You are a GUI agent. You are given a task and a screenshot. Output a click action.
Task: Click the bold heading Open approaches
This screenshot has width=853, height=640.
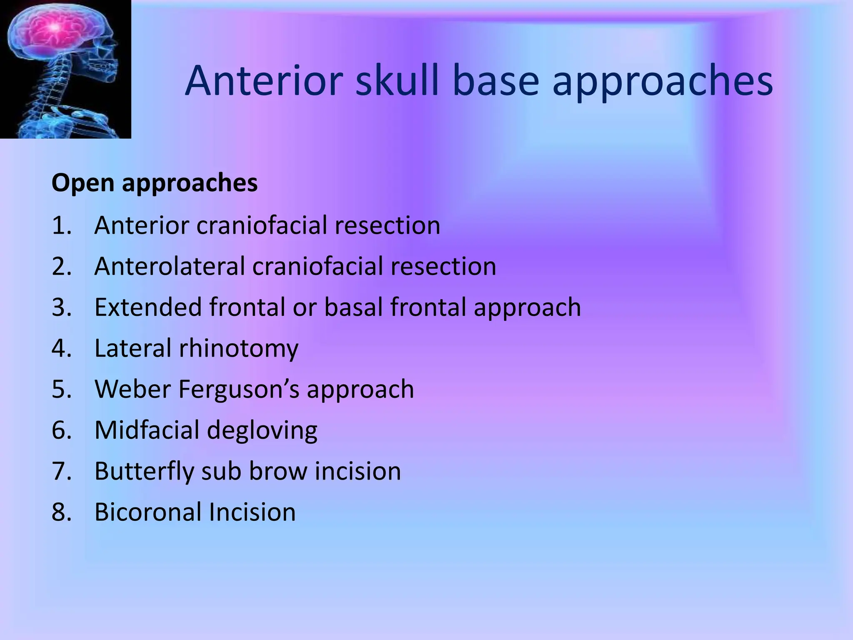(x=155, y=183)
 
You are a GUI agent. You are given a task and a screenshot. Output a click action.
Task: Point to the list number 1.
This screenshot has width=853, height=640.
(x=61, y=225)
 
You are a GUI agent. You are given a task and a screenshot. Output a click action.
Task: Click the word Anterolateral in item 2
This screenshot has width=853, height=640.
(x=169, y=266)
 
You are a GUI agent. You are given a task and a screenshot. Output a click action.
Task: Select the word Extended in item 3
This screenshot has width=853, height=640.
(x=148, y=307)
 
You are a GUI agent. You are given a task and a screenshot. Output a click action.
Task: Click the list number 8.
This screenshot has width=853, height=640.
(x=61, y=512)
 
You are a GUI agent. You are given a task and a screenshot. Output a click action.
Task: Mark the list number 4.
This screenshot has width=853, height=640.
(x=61, y=348)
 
